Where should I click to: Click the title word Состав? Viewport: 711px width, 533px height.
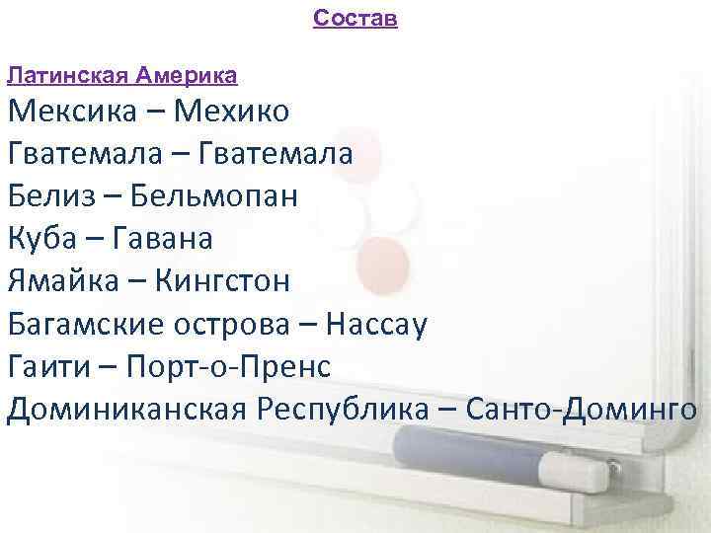355,18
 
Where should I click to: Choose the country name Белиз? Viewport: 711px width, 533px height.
48,196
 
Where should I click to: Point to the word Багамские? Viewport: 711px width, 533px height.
88,325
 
